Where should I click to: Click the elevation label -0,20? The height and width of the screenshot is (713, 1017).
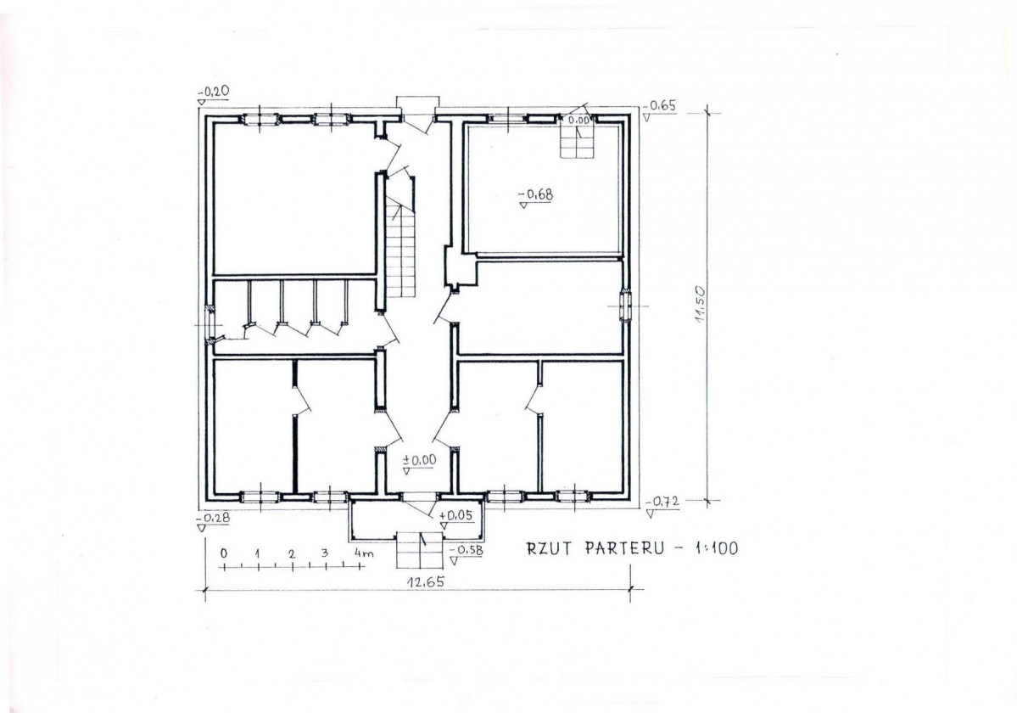214,92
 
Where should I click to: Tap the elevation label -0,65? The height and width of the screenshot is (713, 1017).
662,106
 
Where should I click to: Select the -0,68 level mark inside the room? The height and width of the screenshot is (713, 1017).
537,194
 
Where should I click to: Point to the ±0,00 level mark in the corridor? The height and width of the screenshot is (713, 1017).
420,460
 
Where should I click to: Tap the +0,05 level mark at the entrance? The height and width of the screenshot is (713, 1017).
456,516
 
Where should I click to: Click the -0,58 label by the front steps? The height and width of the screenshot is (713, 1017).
467,550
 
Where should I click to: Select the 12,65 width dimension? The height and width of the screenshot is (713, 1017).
426,582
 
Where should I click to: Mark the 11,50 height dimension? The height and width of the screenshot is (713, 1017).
699,307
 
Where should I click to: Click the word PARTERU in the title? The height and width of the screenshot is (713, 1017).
625,548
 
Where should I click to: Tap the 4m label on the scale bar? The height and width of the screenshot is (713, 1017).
365,553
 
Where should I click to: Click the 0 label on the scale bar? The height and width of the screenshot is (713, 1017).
224,553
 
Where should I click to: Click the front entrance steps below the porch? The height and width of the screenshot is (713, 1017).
420,549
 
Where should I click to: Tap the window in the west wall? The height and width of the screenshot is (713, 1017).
210,323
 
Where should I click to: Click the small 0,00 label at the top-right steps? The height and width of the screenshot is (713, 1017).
579,120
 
